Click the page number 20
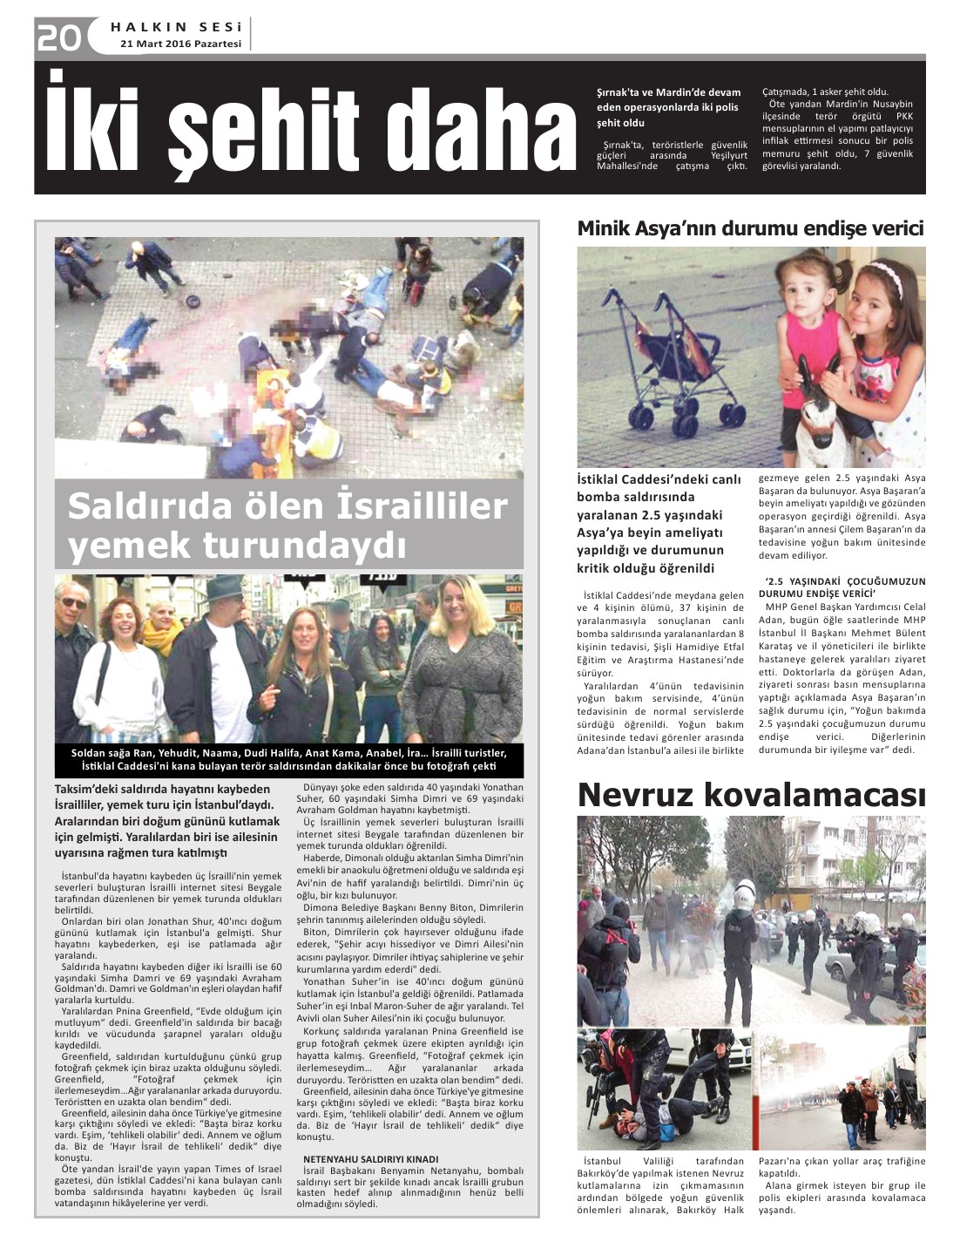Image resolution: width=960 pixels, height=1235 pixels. [x=58, y=37]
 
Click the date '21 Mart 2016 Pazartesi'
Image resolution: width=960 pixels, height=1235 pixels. [x=180, y=44]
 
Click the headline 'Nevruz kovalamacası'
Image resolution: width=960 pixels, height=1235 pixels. [x=751, y=795]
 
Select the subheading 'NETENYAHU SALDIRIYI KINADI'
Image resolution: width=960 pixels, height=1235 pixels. [x=371, y=1158]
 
